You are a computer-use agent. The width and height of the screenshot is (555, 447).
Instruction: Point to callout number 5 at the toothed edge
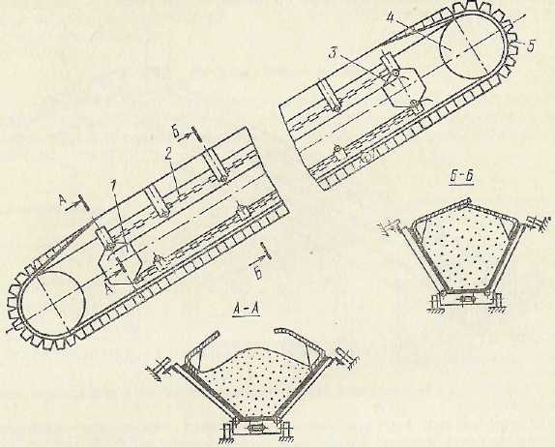pyautogui.click(x=530, y=46)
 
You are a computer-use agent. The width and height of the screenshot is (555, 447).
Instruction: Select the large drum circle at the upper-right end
pyautogui.click(x=471, y=45)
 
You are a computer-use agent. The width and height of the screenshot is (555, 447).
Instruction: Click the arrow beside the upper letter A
pyautogui.click(x=74, y=204)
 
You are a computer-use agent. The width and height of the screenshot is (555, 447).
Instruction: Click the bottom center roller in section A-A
pyautogui.click(x=255, y=428)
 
